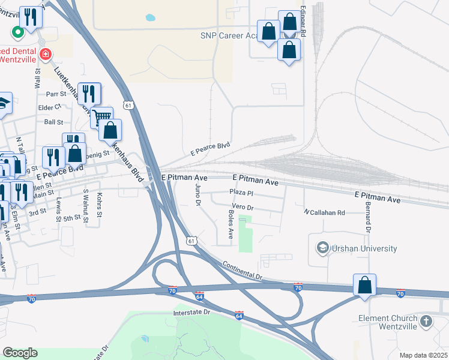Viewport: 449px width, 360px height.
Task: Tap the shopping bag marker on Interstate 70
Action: pyautogui.click(x=364, y=285)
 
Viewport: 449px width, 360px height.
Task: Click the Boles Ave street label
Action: pyautogui.click(x=231, y=224)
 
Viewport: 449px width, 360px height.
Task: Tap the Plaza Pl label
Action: pyautogui.click(x=243, y=192)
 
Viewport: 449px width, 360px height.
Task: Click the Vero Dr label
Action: pyautogui.click(x=243, y=207)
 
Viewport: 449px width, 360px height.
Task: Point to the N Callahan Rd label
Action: pyautogui.click(x=324, y=212)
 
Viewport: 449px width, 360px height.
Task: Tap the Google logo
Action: pyautogui.click(x=20, y=353)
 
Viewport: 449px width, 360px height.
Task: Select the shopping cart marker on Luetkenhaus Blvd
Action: pyautogui.click(x=102, y=117)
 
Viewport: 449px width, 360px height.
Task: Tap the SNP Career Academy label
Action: pyautogui.click(x=228, y=36)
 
